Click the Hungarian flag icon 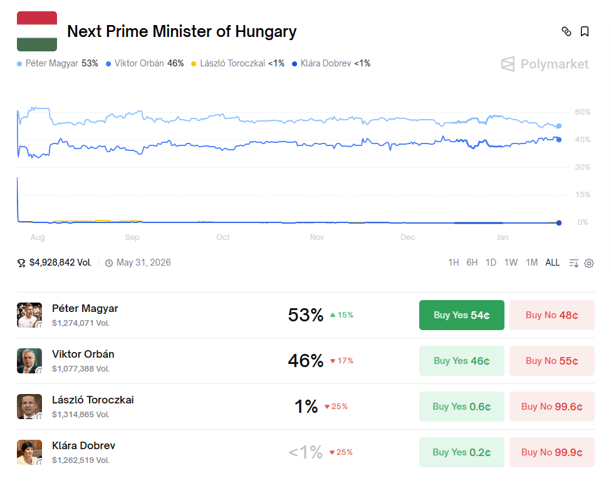tap(37, 31)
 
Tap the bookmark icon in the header tap(585, 32)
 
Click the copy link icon tap(567, 32)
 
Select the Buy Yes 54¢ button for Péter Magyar tap(461, 315)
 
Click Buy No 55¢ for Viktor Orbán tap(551, 361)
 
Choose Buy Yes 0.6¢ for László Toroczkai tap(461, 407)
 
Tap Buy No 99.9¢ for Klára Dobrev tap(551, 452)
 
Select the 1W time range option tap(511, 262)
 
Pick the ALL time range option tap(552, 262)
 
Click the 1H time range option tap(453, 262)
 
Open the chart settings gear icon tap(589, 263)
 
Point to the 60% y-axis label tap(582, 112)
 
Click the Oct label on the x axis tap(223, 237)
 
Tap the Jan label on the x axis tap(503, 237)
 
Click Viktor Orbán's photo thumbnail tap(29, 361)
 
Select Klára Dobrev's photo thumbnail tap(29, 452)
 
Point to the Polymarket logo tap(545, 64)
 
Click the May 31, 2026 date tap(143, 262)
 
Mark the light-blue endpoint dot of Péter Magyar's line tap(559, 126)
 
